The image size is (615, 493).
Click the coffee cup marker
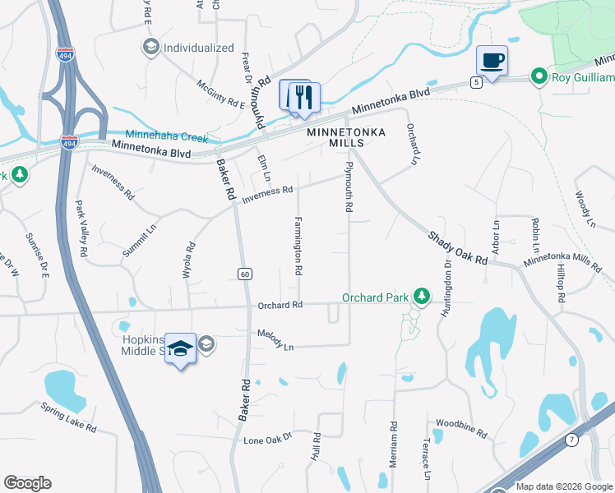(492, 61)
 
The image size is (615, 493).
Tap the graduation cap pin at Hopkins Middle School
(180, 349)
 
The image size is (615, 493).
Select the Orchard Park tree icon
(421, 295)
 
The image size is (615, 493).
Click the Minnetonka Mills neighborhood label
(335, 137)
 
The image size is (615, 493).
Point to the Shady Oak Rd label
(457, 247)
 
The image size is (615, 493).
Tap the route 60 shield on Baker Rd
(244, 274)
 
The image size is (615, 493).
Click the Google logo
(27, 483)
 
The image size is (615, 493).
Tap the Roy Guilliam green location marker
(539, 78)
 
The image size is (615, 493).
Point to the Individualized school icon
(150, 48)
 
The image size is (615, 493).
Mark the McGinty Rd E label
(220, 94)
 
